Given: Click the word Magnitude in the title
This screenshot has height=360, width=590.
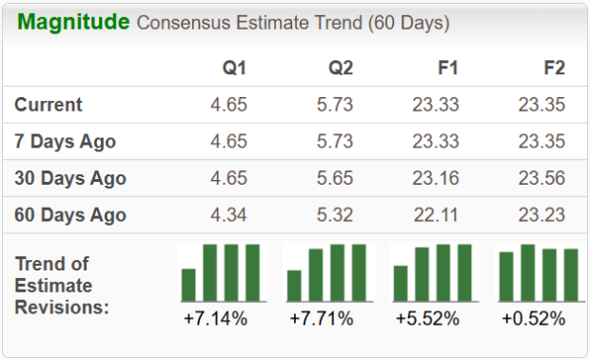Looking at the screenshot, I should (73, 22).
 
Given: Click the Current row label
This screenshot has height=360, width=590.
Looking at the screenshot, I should (49, 105).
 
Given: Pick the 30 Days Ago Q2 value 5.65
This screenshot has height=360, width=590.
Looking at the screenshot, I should (335, 178).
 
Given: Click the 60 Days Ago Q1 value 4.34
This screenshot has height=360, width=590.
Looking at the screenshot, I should (228, 214).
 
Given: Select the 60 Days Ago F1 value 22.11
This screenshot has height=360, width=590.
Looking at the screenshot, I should (436, 214).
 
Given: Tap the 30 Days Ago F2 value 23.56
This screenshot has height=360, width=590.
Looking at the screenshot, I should (542, 178).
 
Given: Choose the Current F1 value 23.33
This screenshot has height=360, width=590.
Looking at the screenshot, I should (436, 105).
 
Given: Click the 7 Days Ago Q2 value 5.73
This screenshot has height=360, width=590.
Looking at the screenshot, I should (335, 142).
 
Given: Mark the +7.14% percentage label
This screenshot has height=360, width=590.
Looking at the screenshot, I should (216, 318).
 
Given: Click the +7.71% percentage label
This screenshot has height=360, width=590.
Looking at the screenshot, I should (322, 318).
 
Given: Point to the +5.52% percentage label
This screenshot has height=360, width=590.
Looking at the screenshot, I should (428, 318).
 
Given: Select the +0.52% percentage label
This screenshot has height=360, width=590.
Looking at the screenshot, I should (534, 318).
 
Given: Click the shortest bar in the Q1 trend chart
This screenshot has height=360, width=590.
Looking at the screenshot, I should (188, 284).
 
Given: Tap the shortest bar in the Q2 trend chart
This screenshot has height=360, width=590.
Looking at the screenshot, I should (294, 285).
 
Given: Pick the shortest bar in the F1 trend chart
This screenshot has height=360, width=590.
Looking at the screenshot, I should (401, 283).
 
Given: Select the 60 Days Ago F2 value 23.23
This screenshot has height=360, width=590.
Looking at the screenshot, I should (542, 214).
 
